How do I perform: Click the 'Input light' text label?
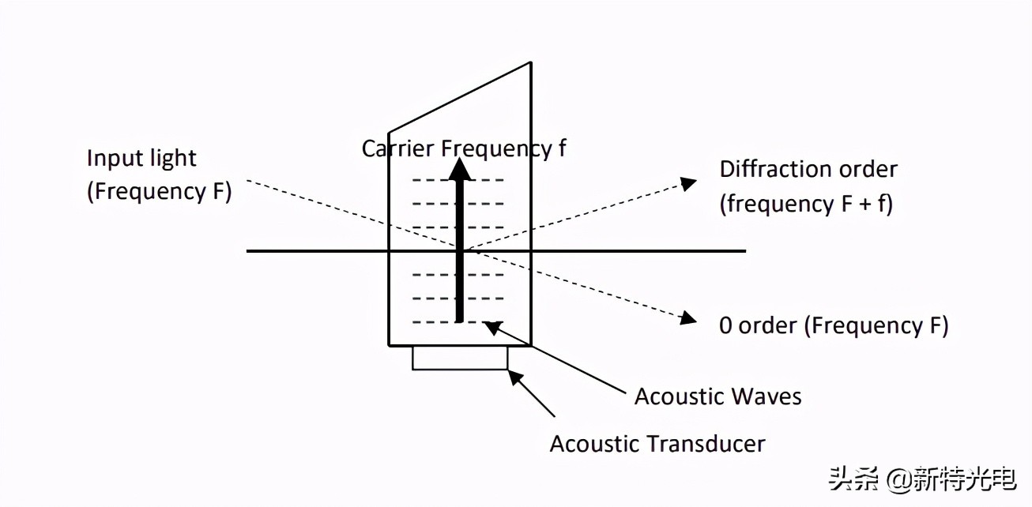tap(141, 158)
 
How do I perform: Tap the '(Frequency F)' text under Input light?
tap(159, 192)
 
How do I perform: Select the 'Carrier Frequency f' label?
tap(464, 148)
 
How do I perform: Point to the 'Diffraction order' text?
tap(808, 169)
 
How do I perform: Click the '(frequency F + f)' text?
tap(806, 204)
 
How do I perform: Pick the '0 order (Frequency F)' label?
tap(834, 325)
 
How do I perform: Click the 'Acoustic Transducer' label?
tap(657, 443)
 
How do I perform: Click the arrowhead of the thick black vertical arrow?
tap(458, 169)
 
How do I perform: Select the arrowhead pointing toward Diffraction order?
tap(689, 183)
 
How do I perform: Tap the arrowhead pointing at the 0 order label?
tap(688, 318)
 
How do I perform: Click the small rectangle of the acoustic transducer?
tap(460, 358)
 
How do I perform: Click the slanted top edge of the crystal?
tap(459, 96)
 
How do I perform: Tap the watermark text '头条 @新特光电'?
tap(921, 479)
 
